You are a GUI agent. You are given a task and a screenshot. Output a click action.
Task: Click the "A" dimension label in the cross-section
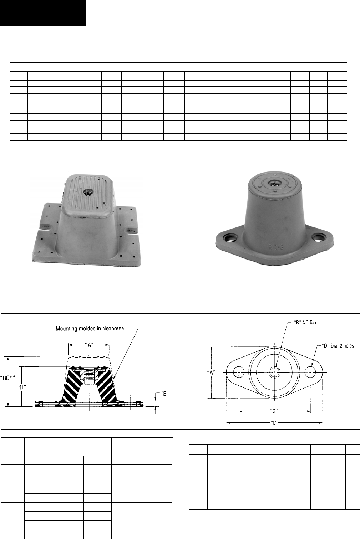click(x=89, y=345)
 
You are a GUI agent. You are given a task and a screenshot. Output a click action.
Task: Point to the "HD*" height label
click(x=7, y=378)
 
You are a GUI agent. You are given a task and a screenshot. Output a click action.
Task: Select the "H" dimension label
click(x=22, y=387)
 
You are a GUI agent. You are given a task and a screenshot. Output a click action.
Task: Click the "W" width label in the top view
click(x=212, y=373)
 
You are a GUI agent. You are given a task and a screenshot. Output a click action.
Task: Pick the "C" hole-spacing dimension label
click(x=274, y=411)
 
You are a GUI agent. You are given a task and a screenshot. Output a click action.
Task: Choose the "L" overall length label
click(x=274, y=422)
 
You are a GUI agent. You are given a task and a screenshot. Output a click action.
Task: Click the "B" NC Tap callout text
click(x=305, y=322)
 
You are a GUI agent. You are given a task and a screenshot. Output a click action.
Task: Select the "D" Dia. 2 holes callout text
click(x=338, y=345)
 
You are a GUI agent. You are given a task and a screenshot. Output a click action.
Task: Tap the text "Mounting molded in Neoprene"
click(x=90, y=328)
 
